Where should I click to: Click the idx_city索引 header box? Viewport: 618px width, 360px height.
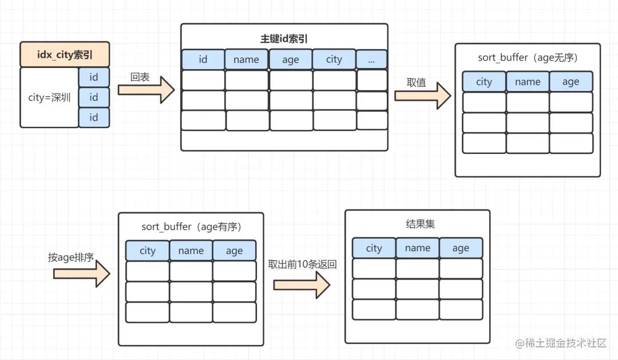(x=65, y=55)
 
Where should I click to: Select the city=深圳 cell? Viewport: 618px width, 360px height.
(x=49, y=97)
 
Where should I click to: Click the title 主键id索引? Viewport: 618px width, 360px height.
(x=284, y=39)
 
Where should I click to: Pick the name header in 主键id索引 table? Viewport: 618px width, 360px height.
(x=246, y=60)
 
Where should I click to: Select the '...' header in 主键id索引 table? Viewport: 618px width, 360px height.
(x=372, y=59)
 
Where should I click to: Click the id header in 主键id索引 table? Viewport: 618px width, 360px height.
(x=203, y=60)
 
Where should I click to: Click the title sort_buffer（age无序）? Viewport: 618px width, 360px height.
(x=527, y=58)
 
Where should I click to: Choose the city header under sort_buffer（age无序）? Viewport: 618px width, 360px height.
(x=484, y=82)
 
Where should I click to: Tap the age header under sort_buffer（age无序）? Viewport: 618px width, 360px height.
(x=571, y=82)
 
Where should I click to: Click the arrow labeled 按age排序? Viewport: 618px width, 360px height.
(x=81, y=273)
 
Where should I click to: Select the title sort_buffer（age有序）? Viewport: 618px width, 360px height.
(x=191, y=227)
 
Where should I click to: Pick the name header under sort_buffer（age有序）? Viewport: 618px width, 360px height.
(x=191, y=251)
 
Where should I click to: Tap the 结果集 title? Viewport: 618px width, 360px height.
(x=417, y=224)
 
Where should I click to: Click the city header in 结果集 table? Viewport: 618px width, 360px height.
(x=374, y=248)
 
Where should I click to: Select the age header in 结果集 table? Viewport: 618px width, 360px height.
(x=461, y=248)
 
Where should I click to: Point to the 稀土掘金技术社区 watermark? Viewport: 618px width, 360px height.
(x=560, y=343)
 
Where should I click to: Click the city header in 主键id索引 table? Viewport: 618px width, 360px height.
(x=334, y=60)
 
